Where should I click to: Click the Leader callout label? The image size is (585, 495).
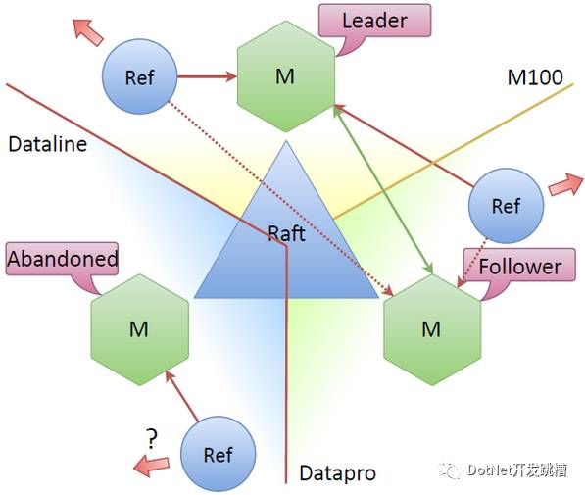click(x=374, y=21)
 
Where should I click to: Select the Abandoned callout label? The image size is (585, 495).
click(x=62, y=259)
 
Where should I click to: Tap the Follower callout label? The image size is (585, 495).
click(x=519, y=266)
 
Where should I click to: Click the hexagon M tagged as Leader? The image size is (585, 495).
click(x=286, y=76)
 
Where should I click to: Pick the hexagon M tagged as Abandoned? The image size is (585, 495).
click(x=140, y=329)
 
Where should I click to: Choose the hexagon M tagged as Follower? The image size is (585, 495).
click(x=432, y=329)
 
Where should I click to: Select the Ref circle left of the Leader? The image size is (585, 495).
click(x=139, y=76)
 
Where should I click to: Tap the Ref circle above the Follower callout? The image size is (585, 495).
click(x=506, y=206)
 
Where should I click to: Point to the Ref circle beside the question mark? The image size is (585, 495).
click(x=219, y=454)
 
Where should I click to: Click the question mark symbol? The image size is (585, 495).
click(x=152, y=439)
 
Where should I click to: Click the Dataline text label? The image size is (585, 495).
click(x=47, y=144)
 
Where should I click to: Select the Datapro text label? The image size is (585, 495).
click(x=338, y=473)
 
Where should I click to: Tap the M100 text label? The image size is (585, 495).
click(x=535, y=77)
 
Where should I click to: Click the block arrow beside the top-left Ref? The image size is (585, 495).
click(x=88, y=32)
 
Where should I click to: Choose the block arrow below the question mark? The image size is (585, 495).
click(x=151, y=466)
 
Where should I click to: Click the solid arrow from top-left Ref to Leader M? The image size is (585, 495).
click(x=207, y=76)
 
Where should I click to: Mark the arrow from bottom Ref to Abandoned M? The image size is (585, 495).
click(x=181, y=396)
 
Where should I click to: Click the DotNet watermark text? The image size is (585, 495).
click(x=504, y=470)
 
